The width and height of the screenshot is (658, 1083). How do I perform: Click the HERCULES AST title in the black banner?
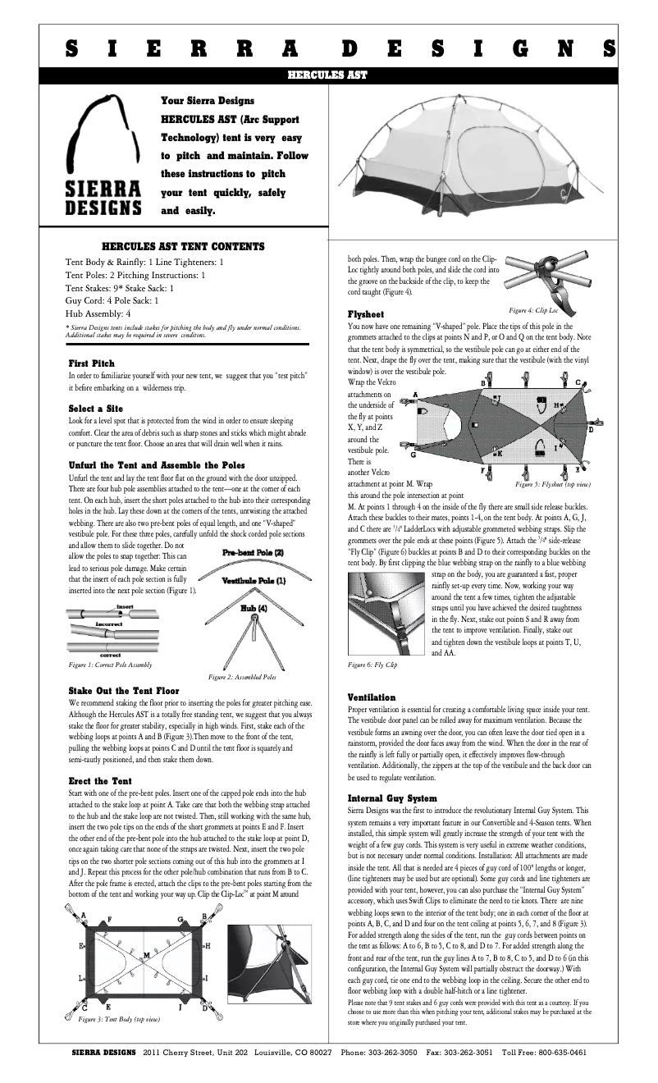[x=327, y=75]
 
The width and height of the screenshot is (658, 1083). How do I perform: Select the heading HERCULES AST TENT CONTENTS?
[x=182, y=246]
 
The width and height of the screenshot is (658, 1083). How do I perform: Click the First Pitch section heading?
[x=92, y=363]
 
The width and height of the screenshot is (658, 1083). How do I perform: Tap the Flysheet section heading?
[x=366, y=314]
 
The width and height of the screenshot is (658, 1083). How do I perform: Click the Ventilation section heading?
[x=372, y=697]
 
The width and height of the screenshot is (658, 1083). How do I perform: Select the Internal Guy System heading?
[x=392, y=798]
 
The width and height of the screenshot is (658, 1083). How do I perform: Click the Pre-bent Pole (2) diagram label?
[x=253, y=553]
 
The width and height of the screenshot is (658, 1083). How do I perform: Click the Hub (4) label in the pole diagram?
[x=253, y=608]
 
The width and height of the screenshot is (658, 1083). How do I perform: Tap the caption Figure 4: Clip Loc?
[x=533, y=310]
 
